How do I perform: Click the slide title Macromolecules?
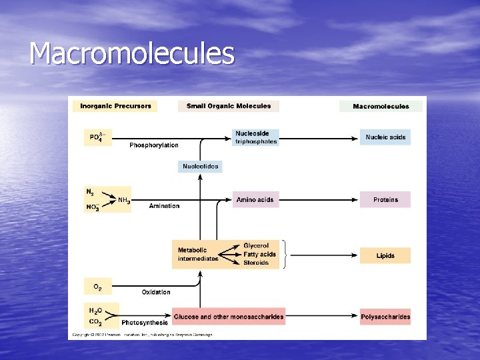pyautogui.click(x=132, y=53)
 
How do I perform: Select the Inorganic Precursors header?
pyautogui.click(x=116, y=106)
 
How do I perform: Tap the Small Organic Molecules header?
pyautogui.click(x=229, y=106)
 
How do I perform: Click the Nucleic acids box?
pyautogui.click(x=385, y=137)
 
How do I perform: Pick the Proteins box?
pyautogui.click(x=385, y=199)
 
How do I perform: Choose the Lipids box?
pyautogui.click(x=385, y=255)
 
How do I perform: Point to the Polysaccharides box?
pyautogui.click(x=385, y=317)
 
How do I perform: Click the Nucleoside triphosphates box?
pyautogui.click(x=256, y=137)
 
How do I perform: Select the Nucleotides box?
pyautogui.click(x=200, y=166)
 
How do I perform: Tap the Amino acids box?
pyautogui.click(x=255, y=199)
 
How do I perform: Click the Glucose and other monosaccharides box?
pyautogui.click(x=229, y=317)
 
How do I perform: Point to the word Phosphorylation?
pyautogui.click(x=154, y=145)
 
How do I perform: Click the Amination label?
pyautogui.click(x=164, y=206)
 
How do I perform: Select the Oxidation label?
pyautogui.click(x=156, y=292)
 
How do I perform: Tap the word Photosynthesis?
pyautogui.click(x=145, y=323)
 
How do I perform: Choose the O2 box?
pyautogui.click(x=97, y=287)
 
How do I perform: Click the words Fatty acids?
pyautogui.click(x=259, y=254)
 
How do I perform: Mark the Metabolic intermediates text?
pyautogui.click(x=198, y=254)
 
